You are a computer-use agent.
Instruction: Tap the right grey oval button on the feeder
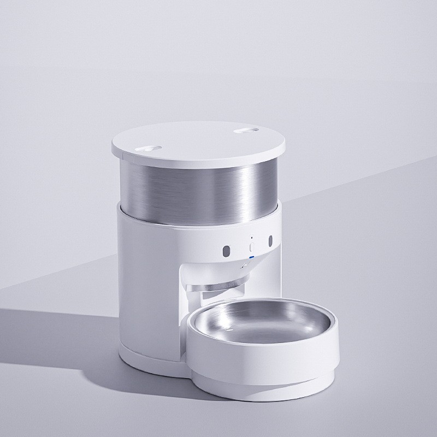coord(270,241)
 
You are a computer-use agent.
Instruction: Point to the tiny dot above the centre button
coord(251,238)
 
